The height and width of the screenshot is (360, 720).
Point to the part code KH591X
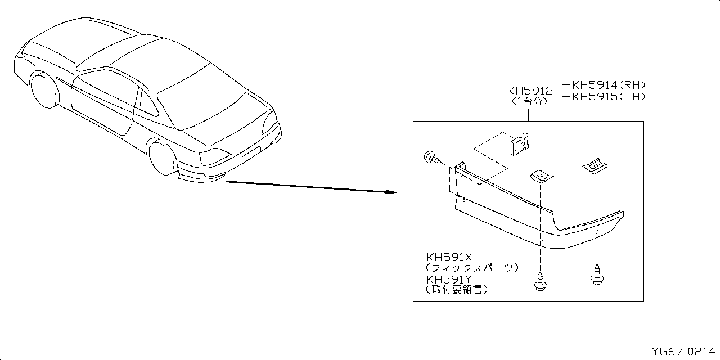point(448,257)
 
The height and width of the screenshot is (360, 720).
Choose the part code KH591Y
point(448,279)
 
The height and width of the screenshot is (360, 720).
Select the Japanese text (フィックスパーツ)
point(471,268)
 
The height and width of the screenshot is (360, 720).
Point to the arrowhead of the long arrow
point(392,192)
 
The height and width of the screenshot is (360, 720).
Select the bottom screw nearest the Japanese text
point(539,280)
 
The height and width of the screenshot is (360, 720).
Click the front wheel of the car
point(46,90)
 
